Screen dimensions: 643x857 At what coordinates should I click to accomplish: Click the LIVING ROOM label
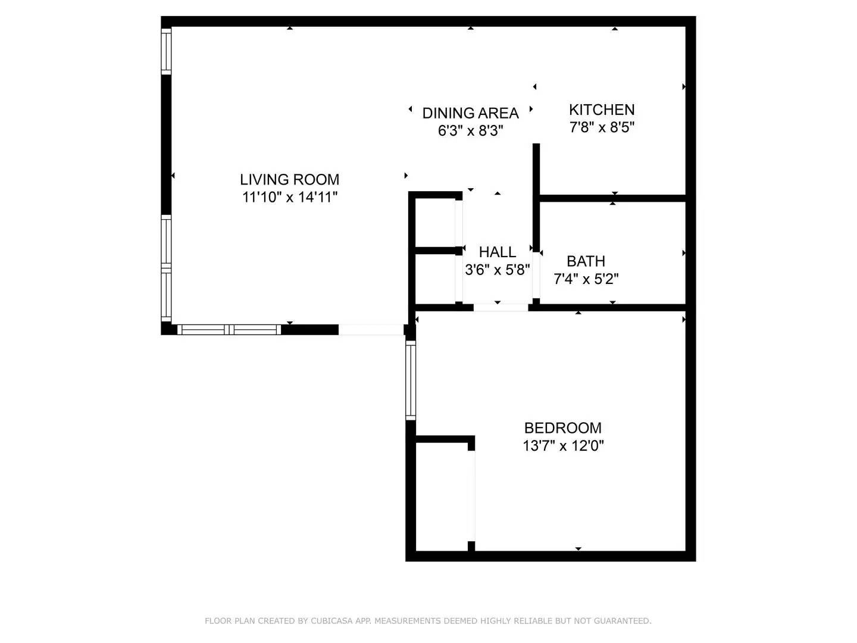click(x=290, y=179)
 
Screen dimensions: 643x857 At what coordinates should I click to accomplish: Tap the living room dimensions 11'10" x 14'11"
click(x=290, y=197)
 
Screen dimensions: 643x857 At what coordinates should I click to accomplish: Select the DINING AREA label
click(x=470, y=113)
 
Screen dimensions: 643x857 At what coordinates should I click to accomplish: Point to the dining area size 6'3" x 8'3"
click(x=470, y=130)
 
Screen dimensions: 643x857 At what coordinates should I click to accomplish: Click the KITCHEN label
click(x=602, y=110)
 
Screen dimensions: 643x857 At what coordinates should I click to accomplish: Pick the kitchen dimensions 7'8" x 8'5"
click(x=602, y=127)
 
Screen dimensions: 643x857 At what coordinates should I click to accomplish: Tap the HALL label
click(x=497, y=252)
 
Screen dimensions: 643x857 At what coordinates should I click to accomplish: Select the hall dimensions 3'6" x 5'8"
click(x=497, y=270)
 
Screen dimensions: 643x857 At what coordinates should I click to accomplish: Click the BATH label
click(x=586, y=261)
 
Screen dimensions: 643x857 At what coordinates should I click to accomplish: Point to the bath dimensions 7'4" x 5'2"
click(x=586, y=279)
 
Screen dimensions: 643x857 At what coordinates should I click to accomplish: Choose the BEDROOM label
click(x=562, y=427)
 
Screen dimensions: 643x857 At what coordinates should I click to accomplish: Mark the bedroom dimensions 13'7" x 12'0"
click(x=562, y=445)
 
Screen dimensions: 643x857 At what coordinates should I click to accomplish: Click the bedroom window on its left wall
click(x=411, y=380)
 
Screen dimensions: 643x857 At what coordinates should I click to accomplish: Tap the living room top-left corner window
click(x=167, y=51)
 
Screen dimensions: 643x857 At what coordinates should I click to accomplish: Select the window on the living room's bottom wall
click(x=230, y=329)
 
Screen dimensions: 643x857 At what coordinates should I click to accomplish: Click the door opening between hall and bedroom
click(x=501, y=307)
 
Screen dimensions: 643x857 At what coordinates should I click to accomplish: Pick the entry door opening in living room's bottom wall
click(x=371, y=329)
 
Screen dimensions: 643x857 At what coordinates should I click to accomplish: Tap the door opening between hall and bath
click(x=536, y=275)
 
